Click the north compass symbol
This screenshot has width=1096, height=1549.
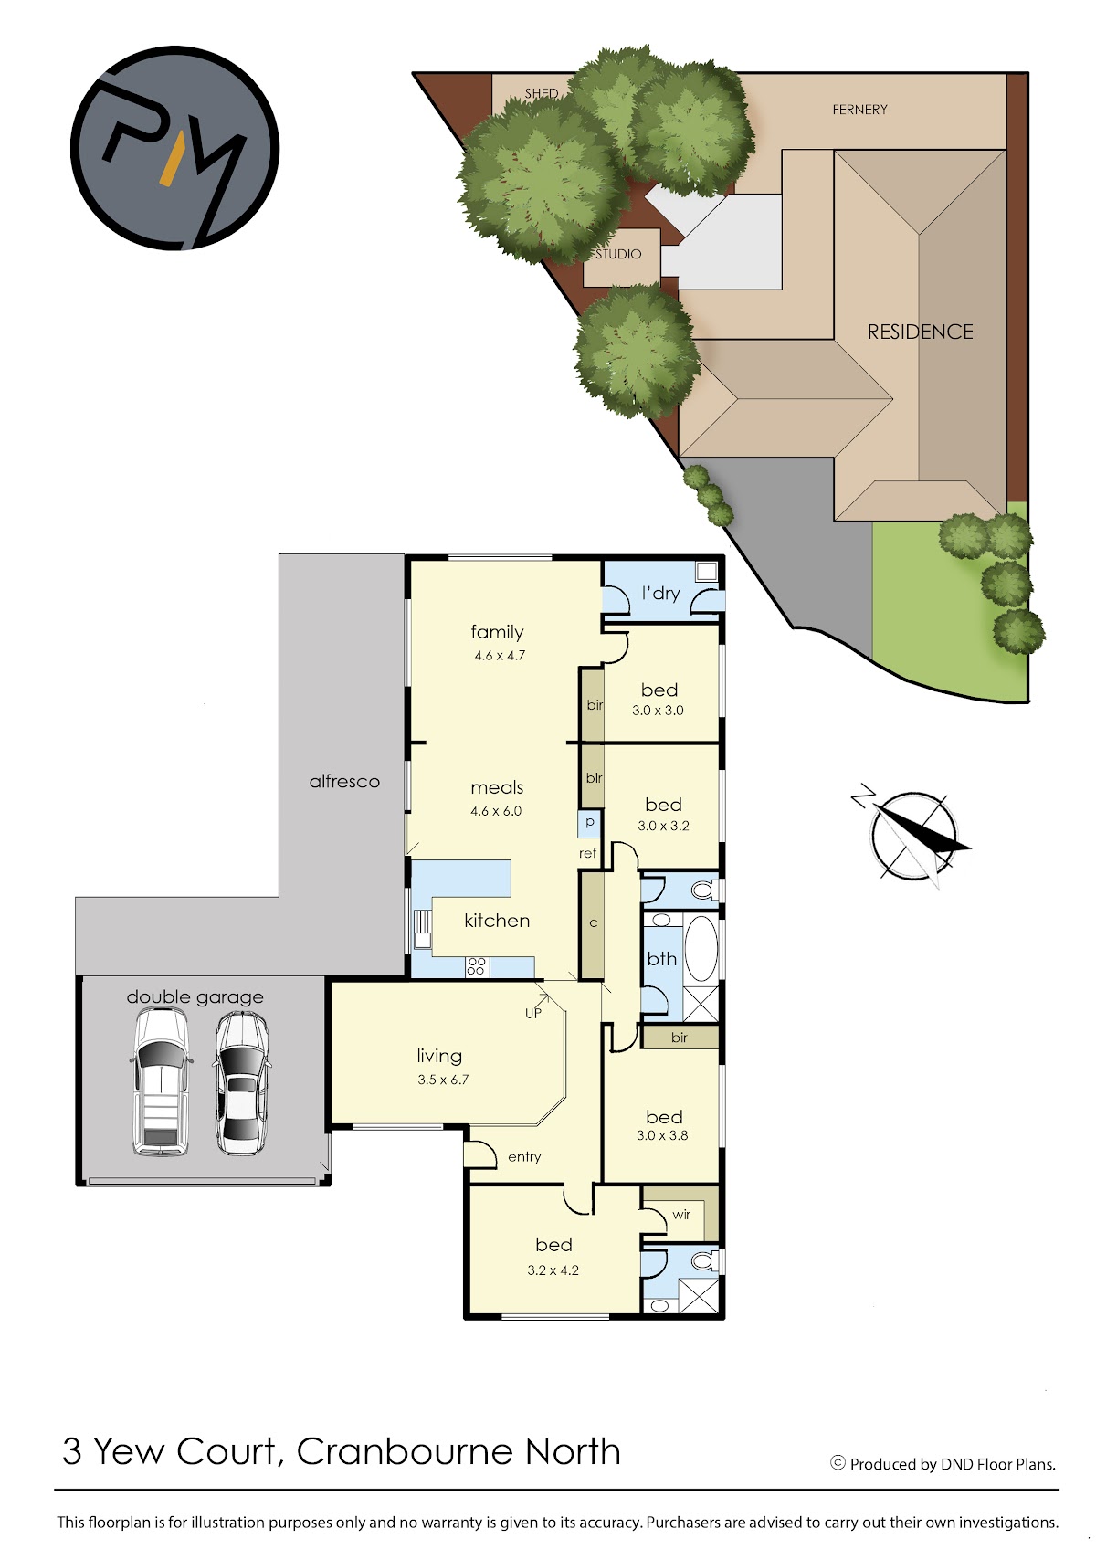click(912, 836)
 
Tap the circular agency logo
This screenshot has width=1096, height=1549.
click(175, 148)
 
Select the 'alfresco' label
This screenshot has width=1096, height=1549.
click(344, 782)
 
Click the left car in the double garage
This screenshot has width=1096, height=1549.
click(161, 1080)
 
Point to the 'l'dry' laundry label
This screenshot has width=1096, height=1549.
click(660, 594)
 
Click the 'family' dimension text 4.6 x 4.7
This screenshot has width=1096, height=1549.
click(500, 655)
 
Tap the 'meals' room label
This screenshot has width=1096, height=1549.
click(497, 787)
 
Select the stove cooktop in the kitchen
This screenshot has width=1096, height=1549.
click(476, 966)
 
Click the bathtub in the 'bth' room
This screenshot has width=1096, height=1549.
click(701, 949)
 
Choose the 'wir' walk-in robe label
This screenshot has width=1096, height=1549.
click(681, 1214)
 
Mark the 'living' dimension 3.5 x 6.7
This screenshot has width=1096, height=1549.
click(443, 1080)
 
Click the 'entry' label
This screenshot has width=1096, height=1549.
click(524, 1157)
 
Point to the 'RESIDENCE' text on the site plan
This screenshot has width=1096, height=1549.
click(921, 332)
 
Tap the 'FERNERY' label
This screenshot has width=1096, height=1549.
click(859, 110)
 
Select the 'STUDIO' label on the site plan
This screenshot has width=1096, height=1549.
click(618, 254)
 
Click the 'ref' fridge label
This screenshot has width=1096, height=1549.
click(588, 853)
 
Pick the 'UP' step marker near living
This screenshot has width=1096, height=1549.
click(533, 1013)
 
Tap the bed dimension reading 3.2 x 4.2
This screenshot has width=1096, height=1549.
click(553, 1270)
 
